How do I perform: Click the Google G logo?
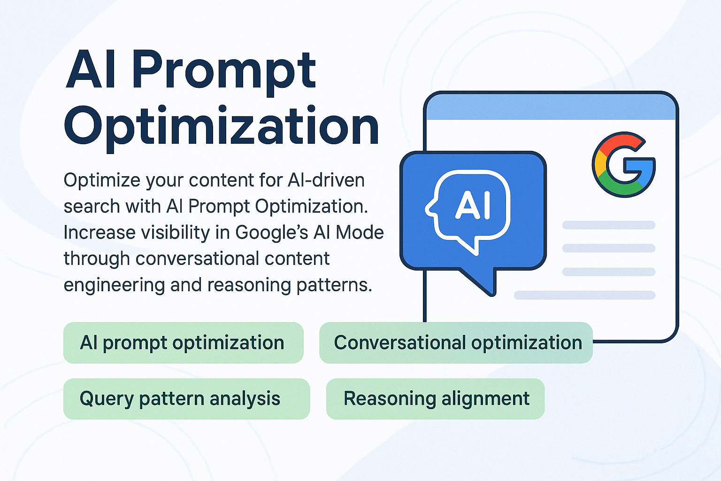[623, 164]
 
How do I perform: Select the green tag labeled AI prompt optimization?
[183, 343]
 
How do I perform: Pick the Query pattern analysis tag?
[186, 399]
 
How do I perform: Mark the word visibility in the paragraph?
[176, 233]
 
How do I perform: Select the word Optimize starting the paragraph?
[101, 181]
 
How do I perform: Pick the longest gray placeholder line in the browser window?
[584, 295]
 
